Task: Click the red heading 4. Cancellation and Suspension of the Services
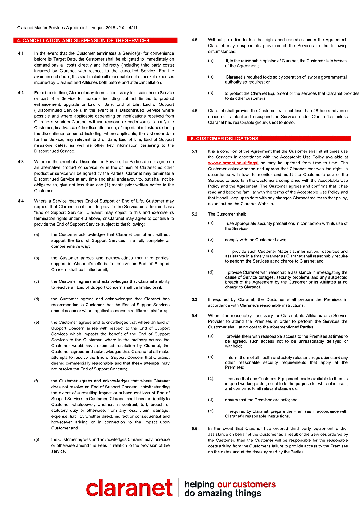(x=86, y=41)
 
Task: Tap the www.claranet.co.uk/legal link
(x=233, y=163)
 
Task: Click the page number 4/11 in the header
(x=133, y=28)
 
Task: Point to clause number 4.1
(x=21, y=53)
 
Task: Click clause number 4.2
(x=21, y=93)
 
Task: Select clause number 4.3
(x=21, y=162)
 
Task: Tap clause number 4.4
(x=21, y=201)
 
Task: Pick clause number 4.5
(x=195, y=40)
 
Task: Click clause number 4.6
(x=195, y=111)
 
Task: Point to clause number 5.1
(x=195, y=151)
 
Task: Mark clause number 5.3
(x=195, y=299)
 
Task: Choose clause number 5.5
(x=195, y=429)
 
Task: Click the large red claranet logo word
(x=129, y=488)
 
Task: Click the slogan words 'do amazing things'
(x=223, y=493)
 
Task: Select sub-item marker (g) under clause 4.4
(x=37, y=440)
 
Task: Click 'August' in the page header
(x=98, y=28)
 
